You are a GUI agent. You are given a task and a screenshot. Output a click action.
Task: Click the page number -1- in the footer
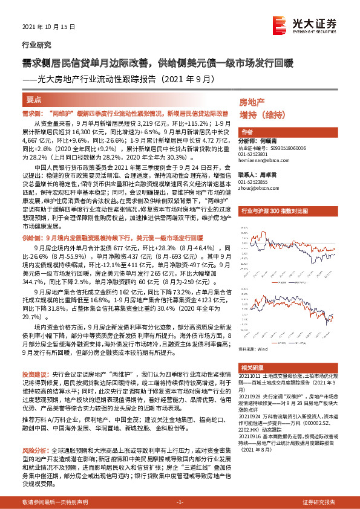[x=180, y=502]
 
